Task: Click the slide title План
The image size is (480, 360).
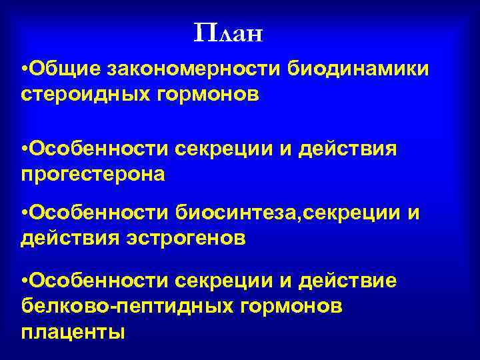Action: click(229, 33)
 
